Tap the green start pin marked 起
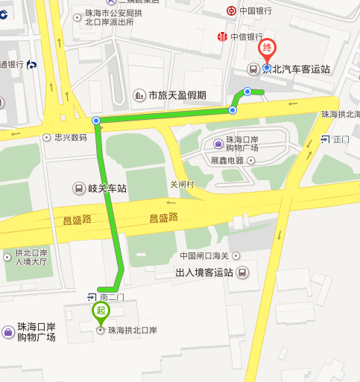pyautogui.click(x=100, y=311)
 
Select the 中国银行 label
pyautogui.click(x=255, y=11)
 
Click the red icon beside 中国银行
pyautogui.click(x=232, y=11)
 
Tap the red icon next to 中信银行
pyautogui.click(x=221, y=37)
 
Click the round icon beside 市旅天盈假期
pyautogui.click(x=139, y=95)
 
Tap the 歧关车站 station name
pyautogui.click(x=107, y=188)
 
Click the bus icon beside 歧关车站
pyautogui.click(x=79, y=188)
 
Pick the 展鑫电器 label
pyautogui.click(x=227, y=160)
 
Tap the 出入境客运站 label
pyautogui.click(x=204, y=273)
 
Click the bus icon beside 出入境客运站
pyautogui.click(x=242, y=273)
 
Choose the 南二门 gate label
pyautogui.click(x=110, y=297)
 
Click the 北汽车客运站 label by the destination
pyautogui.click(x=301, y=69)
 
